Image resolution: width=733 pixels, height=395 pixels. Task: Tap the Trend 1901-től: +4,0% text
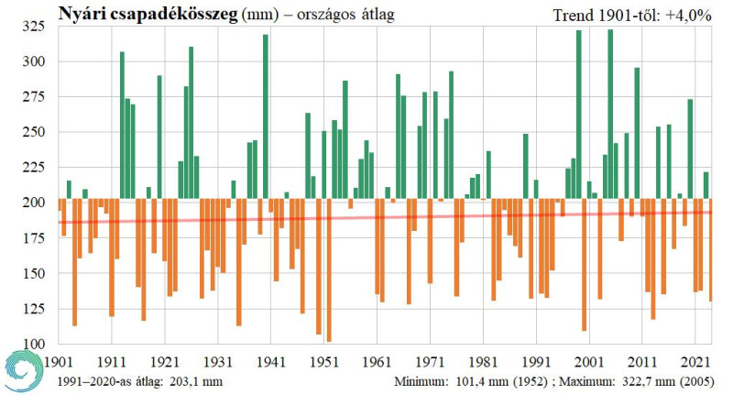pos(633,15)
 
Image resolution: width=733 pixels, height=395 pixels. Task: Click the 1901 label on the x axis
pos(59,360)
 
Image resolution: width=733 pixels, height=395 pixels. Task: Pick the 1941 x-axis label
pos(270,360)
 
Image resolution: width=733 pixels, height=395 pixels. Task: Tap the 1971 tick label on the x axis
pos(430,360)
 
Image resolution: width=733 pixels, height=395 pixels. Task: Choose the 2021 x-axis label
pos(695,360)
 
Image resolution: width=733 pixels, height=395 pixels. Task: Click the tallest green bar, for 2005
pos(610,110)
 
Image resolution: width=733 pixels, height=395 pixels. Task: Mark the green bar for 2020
pos(690,147)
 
